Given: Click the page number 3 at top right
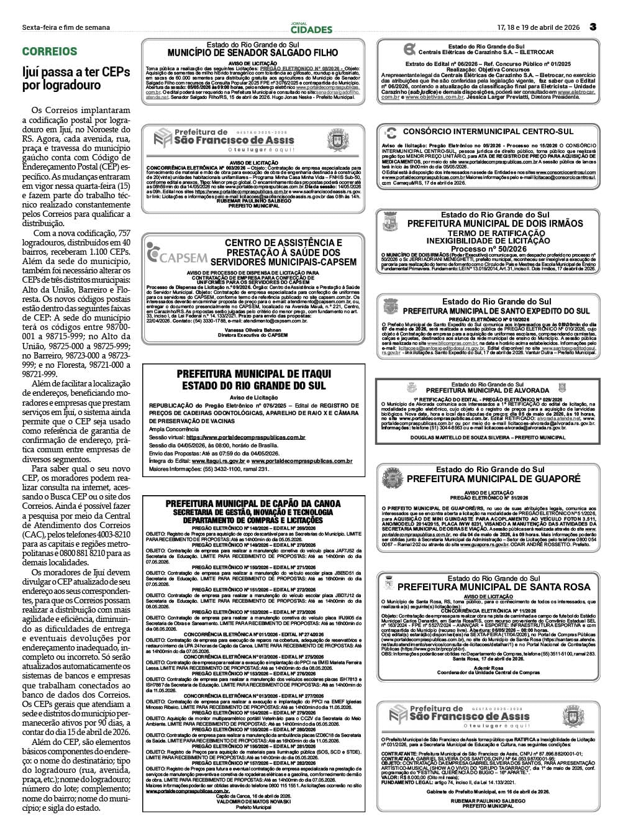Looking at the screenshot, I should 593,27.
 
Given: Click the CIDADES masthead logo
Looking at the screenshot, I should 311,28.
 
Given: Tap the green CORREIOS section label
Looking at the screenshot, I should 50,52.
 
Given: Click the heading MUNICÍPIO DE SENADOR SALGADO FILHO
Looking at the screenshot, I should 253,53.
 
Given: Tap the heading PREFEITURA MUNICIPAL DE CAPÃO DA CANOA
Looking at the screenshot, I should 253,503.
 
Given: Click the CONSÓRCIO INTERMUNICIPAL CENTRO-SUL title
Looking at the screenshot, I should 488,132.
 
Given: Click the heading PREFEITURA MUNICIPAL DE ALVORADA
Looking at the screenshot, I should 488,391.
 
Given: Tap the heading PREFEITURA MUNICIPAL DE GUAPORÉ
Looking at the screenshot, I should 493,479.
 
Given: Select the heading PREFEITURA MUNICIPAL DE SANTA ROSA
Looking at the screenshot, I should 494,586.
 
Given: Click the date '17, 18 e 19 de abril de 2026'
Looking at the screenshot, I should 538,27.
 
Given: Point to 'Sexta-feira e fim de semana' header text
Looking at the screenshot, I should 66,27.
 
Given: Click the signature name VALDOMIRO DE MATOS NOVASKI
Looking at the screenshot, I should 253,801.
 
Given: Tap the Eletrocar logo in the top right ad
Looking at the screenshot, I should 409,50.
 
